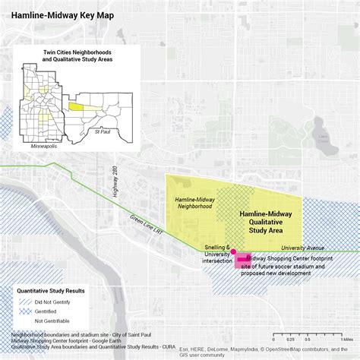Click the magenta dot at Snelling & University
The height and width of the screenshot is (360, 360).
pyautogui.click(x=233, y=251)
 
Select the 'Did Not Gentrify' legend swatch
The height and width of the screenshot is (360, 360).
pyautogui.click(x=25, y=302)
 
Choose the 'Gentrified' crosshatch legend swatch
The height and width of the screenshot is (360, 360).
pyautogui.click(x=25, y=311)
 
